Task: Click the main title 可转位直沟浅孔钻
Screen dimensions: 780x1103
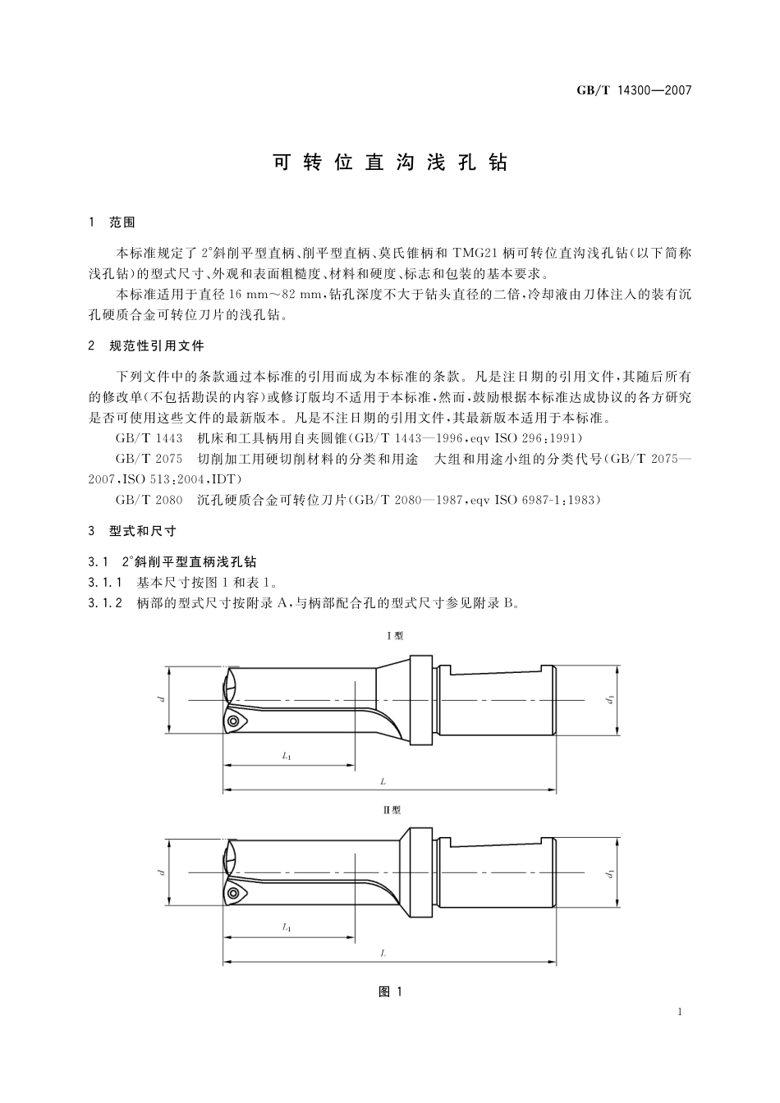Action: coord(390,162)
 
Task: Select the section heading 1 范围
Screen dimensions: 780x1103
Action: coord(112,222)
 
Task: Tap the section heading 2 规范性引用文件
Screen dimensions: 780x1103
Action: coord(146,346)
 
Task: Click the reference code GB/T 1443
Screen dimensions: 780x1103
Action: coord(149,438)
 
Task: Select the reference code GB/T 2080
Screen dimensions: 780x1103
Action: coord(149,500)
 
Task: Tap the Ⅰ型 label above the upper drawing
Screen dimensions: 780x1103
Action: coord(394,635)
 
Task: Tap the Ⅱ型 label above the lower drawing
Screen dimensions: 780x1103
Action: coord(393,809)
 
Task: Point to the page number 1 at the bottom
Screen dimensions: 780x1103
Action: coord(681,1012)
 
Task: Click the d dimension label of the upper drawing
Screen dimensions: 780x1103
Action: coord(163,699)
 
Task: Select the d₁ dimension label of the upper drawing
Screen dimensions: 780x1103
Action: coord(610,700)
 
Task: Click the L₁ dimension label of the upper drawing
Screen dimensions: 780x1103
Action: coord(287,756)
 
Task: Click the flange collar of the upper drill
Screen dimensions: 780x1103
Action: coord(420,698)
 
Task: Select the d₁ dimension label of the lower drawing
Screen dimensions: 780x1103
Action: coord(610,874)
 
